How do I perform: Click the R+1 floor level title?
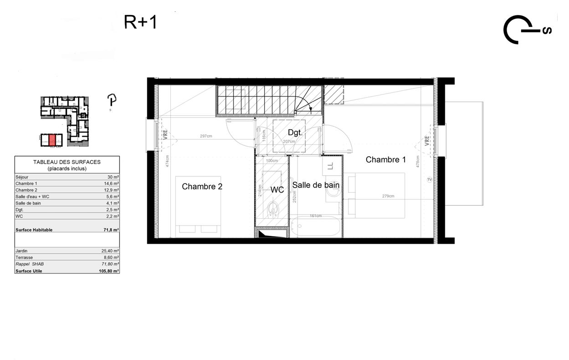[140, 22]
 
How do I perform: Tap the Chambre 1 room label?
[385, 159]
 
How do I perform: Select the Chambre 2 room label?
[202, 186]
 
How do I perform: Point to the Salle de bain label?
[316, 185]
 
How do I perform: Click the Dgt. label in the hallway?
[295, 132]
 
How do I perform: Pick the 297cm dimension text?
[206, 136]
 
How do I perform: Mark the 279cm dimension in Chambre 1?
[388, 196]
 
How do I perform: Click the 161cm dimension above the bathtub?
[316, 216]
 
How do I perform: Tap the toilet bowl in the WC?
[272, 210]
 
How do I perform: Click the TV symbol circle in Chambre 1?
[429, 180]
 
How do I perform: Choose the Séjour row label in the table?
[22, 177]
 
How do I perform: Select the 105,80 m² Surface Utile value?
[109, 271]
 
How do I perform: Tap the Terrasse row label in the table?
[24, 257]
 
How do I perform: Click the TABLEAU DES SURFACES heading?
[67, 162]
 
